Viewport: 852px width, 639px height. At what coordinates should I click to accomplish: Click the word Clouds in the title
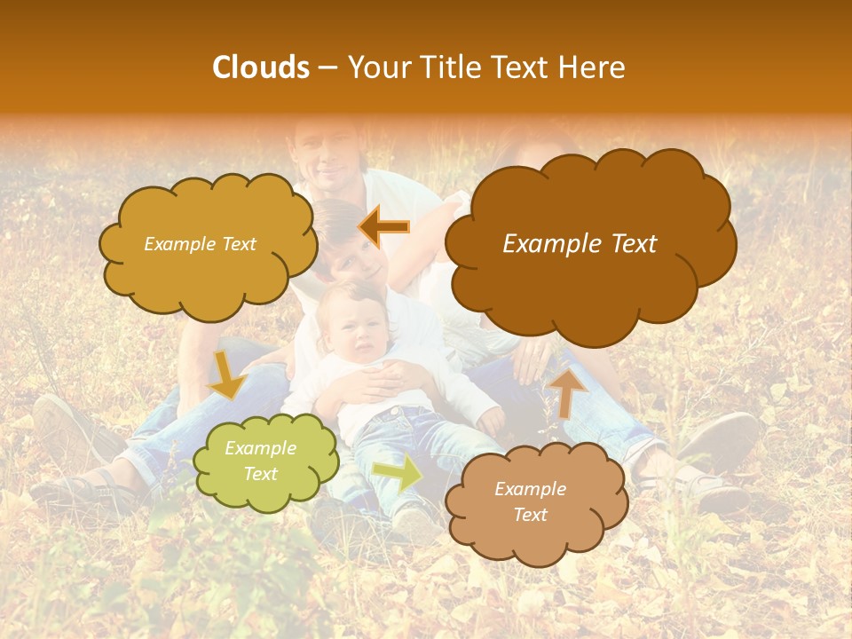click(x=260, y=67)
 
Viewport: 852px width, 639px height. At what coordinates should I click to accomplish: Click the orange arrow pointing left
click(x=384, y=227)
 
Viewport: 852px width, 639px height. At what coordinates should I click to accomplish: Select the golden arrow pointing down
click(x=226, y=373)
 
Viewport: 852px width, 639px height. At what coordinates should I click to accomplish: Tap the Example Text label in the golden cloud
click(x=200, y=244)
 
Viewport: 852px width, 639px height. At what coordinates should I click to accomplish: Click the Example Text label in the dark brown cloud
click(x=580, y=244)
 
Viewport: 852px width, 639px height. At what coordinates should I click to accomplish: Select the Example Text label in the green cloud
click(x=260, y=461)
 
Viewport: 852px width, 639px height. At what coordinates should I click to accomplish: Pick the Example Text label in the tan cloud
click(x=530, y=501)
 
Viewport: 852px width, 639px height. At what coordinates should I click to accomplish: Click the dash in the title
click(x=326, y=68)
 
